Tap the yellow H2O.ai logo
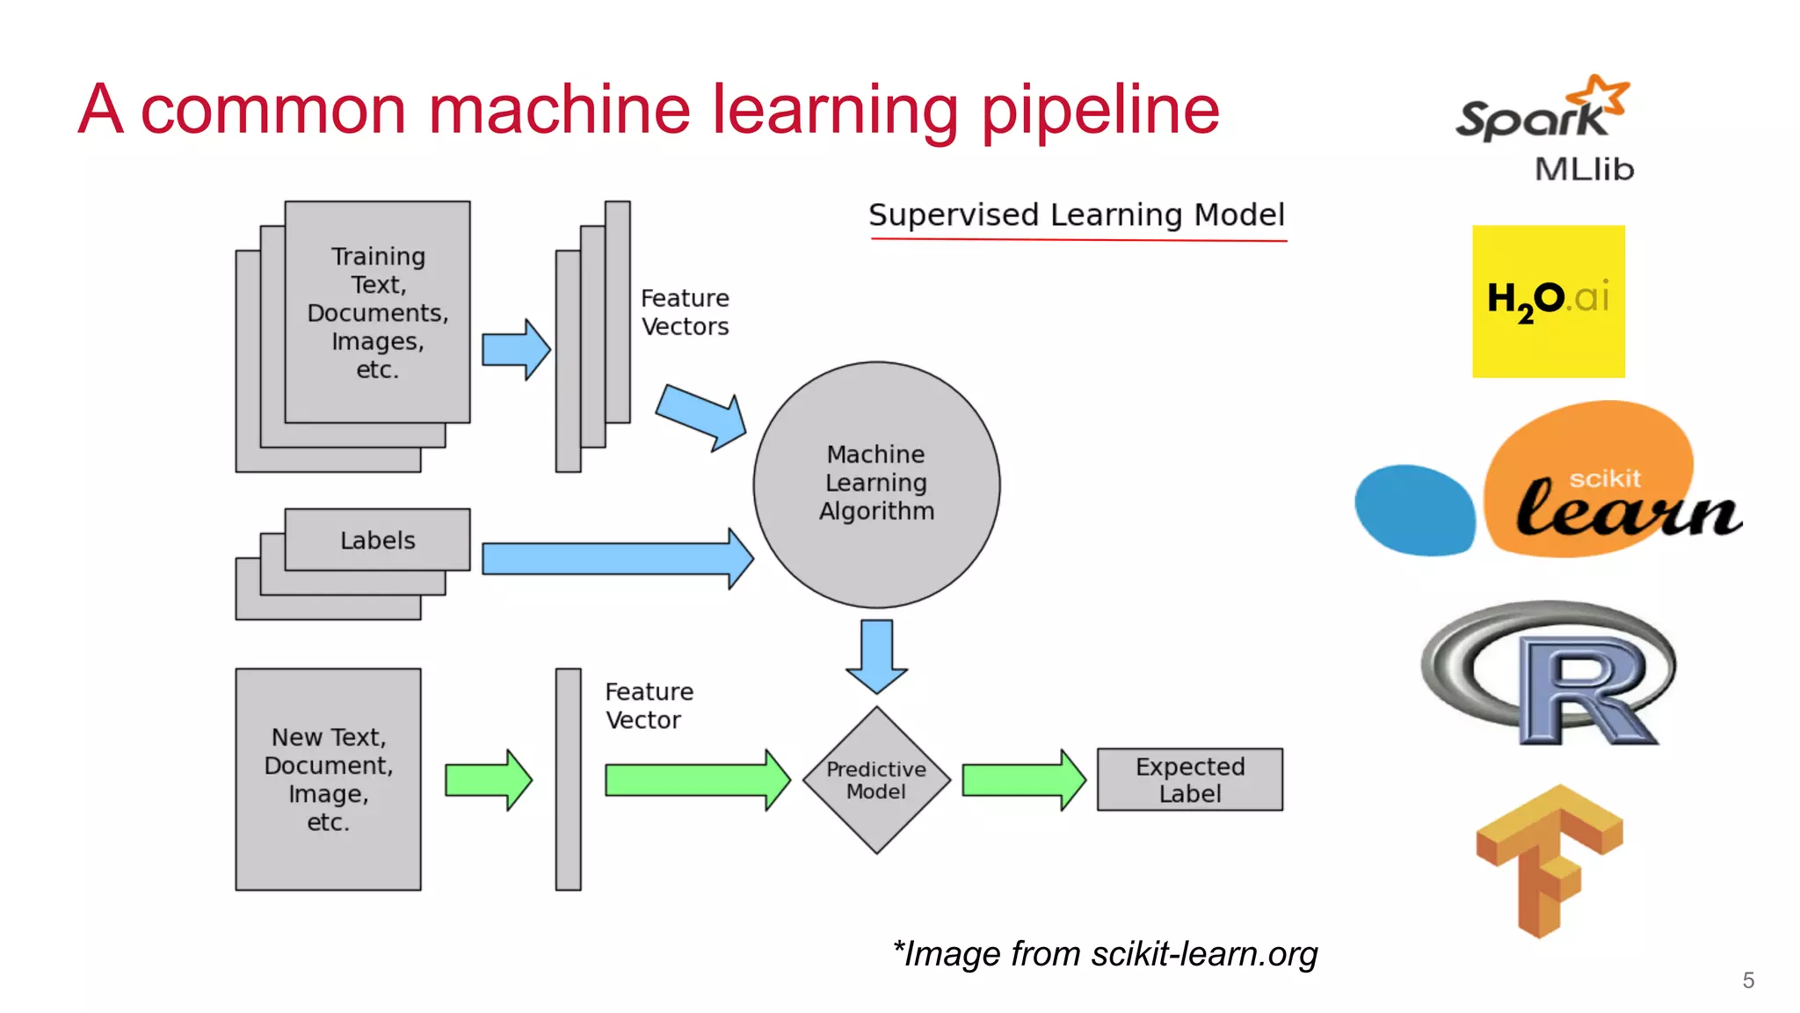tap(1548, 301)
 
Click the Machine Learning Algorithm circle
tap(876, 484)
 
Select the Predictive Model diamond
tap(876, 780)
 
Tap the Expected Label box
tap(1189, 780)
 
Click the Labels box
tap(377, 540)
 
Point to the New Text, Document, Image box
tap(328, 779)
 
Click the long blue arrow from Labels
tap(615, 558)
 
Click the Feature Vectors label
tap(685, 312)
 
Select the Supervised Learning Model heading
tap(1076, 215)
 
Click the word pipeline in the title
tap(1100, 111)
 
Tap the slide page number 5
tap(1748, 980)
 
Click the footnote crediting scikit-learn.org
tap(1105, 954)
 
